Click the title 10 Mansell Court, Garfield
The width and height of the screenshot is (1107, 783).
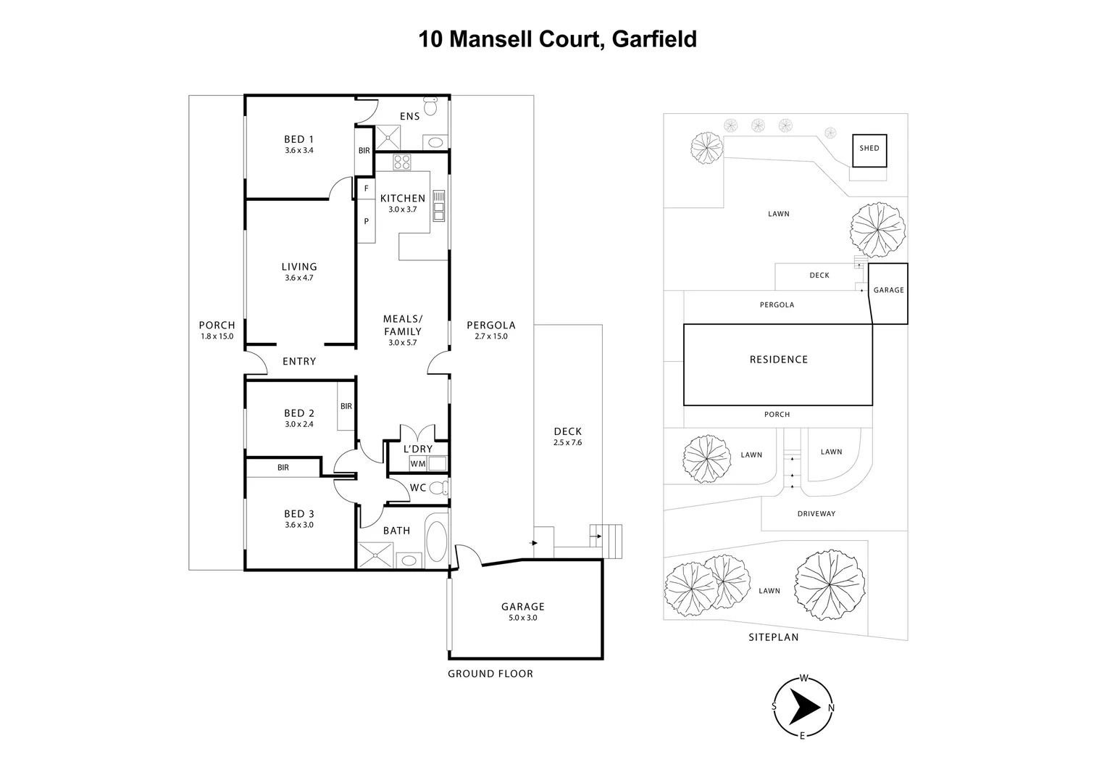coord(557,38)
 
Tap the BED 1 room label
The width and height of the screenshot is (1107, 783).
coord(298,139)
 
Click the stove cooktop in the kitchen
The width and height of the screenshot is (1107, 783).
coord(401,161)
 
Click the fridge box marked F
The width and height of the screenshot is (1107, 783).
coord(366,188)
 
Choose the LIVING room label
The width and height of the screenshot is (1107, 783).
coord(299,267)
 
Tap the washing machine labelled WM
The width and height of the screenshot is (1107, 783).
coord(418,463)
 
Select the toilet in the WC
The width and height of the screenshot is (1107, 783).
coord(438,488)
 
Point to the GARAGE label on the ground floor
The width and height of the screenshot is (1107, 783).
coord(522,607)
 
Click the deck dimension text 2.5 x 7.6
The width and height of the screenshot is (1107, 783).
coord(567,442)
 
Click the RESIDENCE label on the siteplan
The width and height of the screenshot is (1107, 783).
coord(778,360)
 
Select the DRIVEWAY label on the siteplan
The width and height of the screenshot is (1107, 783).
coord(816,514)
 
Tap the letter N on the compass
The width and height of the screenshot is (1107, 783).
coord(831,708)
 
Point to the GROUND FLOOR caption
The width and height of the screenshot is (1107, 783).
coord(490,674)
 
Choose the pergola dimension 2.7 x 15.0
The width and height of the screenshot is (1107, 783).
coord(490,336)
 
